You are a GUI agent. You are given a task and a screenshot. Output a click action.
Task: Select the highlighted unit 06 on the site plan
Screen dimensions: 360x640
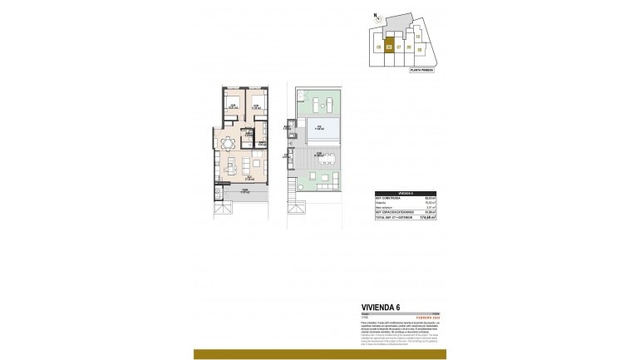coord(389,45)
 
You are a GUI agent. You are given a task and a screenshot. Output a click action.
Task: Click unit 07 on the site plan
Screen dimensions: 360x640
coord(399,47)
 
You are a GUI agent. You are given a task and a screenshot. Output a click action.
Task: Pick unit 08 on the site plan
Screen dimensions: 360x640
coord(409,47)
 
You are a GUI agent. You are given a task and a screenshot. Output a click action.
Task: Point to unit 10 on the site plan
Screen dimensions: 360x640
coord(417,37)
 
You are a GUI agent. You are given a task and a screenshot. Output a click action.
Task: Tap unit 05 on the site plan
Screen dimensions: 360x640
coord(380,47)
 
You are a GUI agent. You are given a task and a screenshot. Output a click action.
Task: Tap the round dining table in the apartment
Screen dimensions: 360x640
coord(226,144)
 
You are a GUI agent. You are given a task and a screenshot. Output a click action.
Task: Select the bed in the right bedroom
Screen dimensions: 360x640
coord(257,106)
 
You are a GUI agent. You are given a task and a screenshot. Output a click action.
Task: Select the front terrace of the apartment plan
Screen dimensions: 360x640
coord(244,195)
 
